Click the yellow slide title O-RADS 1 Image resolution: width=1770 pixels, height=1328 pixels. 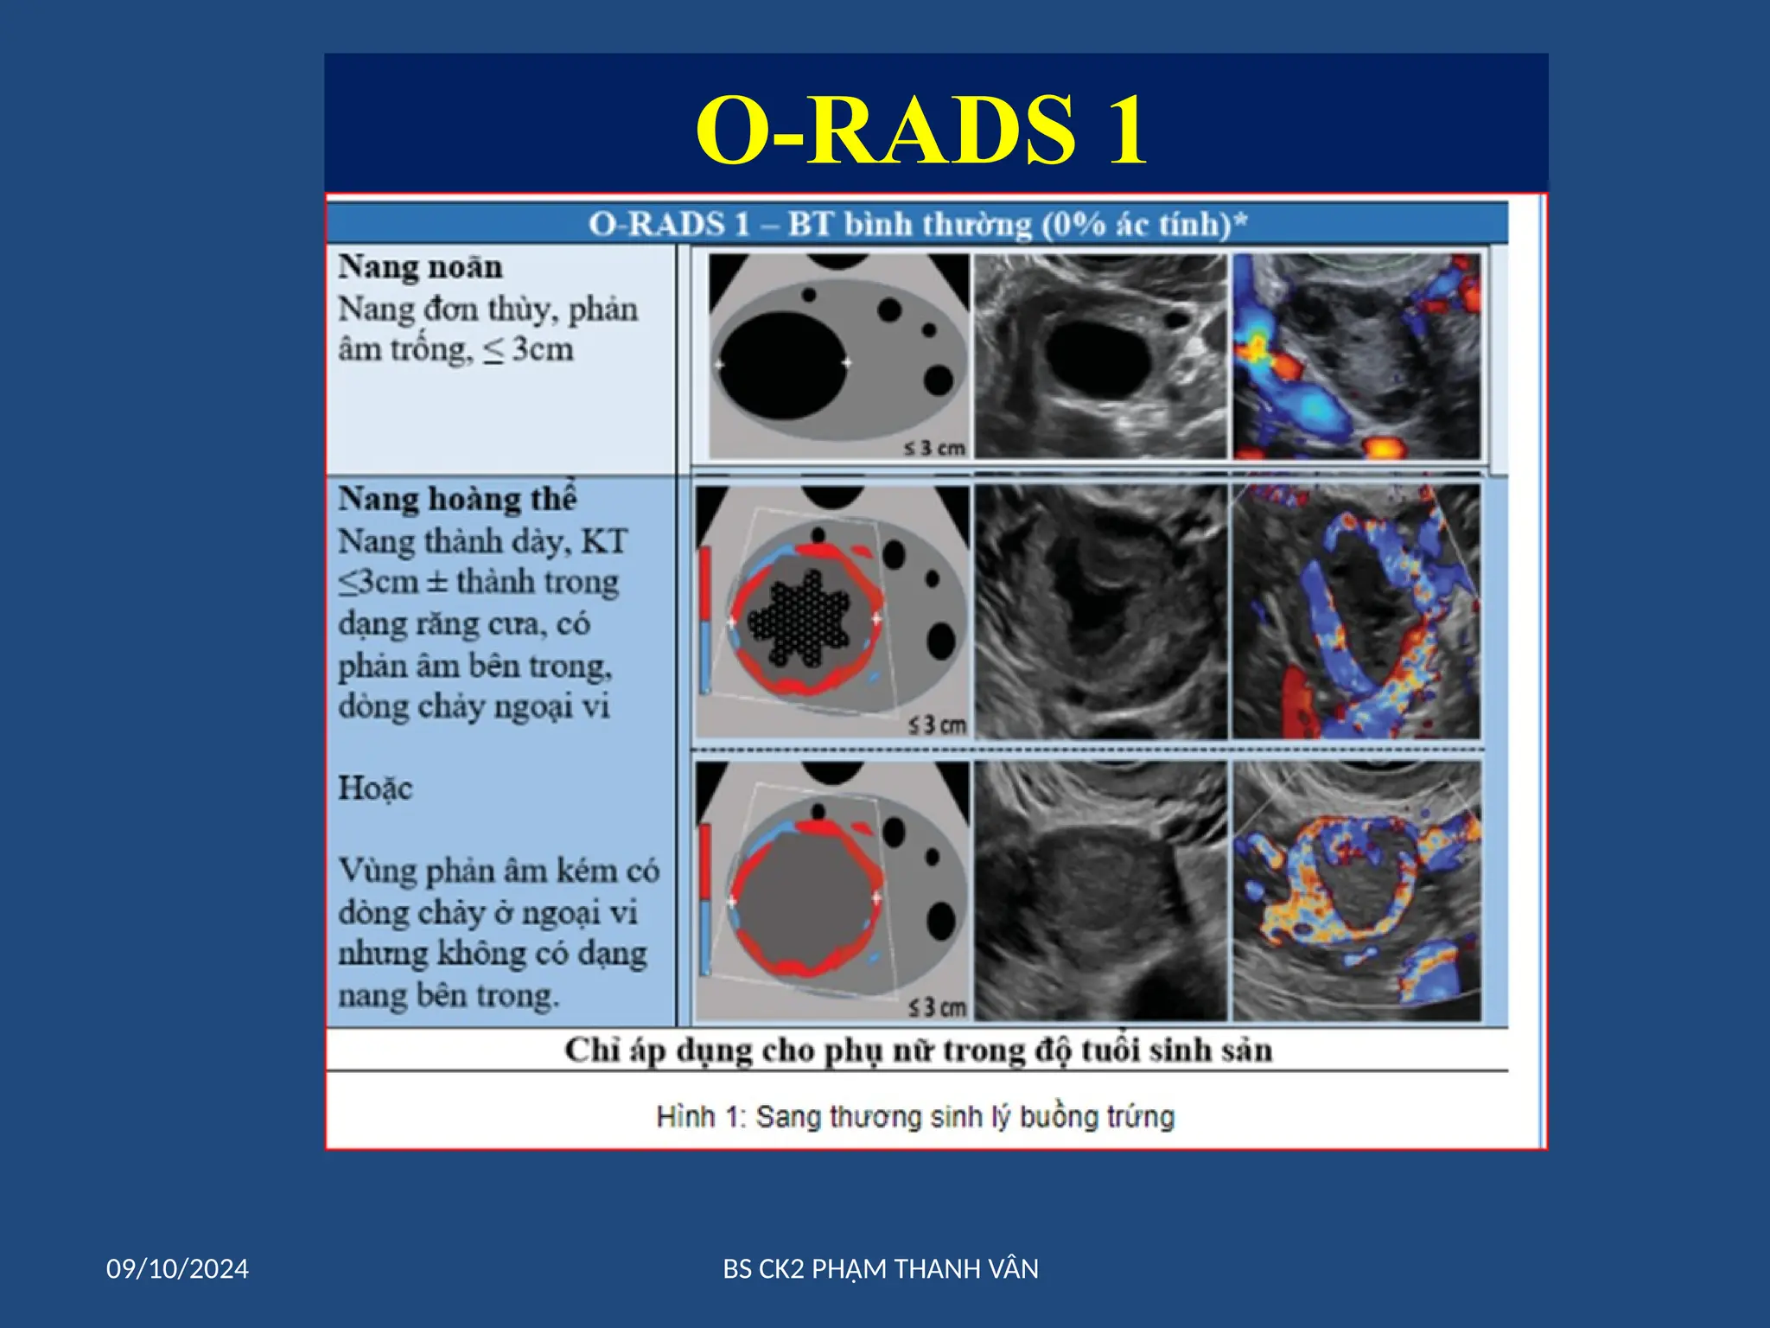(x=921, y=130)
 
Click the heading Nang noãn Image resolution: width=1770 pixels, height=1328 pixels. (x=420, y=266)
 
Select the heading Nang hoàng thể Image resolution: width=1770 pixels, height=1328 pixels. (x=457, y=499)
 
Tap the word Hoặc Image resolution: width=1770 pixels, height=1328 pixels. (x=375, y=788)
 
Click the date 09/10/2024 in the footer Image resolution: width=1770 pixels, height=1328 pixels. (x=177, y=1269)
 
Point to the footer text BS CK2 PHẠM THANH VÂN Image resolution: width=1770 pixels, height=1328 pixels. (x=881, y=1269)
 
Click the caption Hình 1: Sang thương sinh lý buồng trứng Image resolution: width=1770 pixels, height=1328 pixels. (x=915, y=1117)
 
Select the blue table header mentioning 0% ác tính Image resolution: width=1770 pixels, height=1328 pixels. (x=918, y=225)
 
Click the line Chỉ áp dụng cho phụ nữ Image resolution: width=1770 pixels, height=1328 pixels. (x=918, y=1050)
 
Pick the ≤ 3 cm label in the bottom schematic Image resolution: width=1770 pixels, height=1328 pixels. (x=936, y=1008)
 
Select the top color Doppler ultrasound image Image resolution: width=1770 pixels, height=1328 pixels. (x=1357, y=355)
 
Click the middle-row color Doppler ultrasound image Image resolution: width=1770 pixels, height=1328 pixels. (x=1357, y=612)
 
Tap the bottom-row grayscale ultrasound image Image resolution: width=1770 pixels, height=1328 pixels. (x=1100, y=891)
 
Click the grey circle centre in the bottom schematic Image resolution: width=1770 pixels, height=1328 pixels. (x=804, y=899)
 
